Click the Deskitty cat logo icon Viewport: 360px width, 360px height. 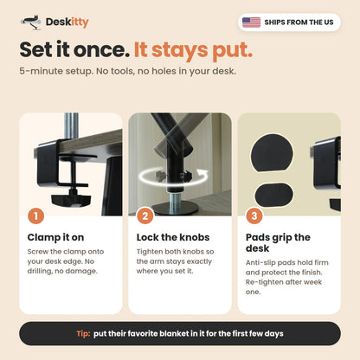(x=31, y=22)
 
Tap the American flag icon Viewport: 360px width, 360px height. (x=251, y=22)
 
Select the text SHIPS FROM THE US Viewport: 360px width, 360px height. (x=299, y=22)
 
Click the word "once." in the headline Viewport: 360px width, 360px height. (x=102, y=49)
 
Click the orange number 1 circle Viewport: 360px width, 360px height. (x=35, y=215)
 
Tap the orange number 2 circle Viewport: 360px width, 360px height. (x=145, y=215)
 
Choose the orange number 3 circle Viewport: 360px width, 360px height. (x=254, y=215)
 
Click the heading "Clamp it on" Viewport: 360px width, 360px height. (x=55, y=237)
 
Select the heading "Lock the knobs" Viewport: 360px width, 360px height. (x=173, y=237)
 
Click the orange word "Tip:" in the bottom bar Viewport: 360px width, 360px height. (x=83, y=334)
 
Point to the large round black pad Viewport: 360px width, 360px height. (x=272, y=153)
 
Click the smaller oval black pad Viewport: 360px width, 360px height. (x=274, y=194)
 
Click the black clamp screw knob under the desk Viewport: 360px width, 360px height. (x=71, y=198)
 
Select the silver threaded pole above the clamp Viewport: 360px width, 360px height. (x=71, y=126)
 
